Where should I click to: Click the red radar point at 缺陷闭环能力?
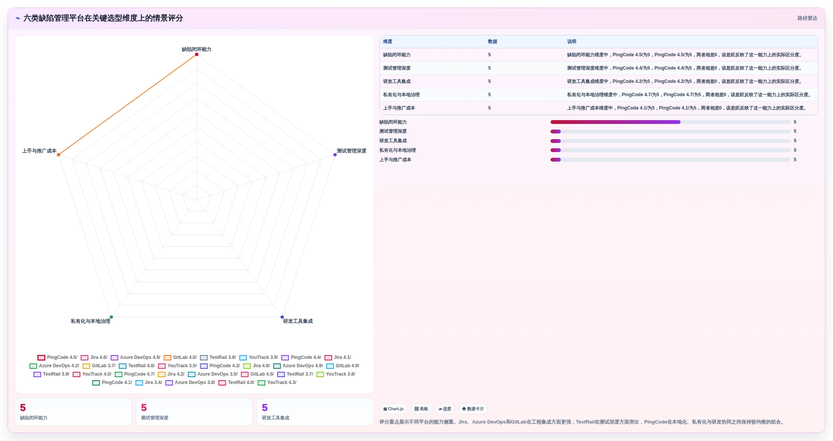[197, 54]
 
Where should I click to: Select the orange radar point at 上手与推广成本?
[59, 155]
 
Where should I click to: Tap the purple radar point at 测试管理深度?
[335, 155]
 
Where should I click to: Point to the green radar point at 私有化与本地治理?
[111, 317]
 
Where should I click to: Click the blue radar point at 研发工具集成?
[282, 317]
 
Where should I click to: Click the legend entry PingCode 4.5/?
[57, 357]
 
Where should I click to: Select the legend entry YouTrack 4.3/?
[277, 382]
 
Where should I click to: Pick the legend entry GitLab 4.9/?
[343, 366]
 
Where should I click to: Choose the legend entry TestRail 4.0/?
[236, 382]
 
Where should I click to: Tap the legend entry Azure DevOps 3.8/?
[190, 382]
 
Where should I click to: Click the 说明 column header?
[571, 41]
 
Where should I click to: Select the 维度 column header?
[387, 41]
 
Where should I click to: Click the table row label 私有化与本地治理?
[401, 95]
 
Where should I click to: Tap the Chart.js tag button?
[393, 409]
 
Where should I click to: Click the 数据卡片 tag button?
[473, 409]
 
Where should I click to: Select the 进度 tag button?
[445, 409]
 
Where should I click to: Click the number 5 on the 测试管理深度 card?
[144, 408]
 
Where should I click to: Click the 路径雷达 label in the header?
[807, 18]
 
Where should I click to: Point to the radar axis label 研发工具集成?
[298, 321]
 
